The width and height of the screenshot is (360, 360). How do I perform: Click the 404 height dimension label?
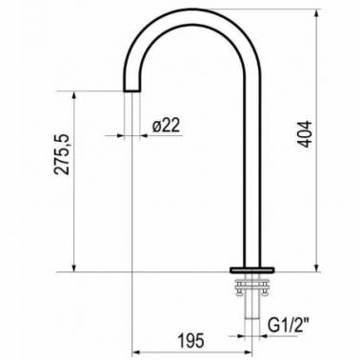[x=306, y=134]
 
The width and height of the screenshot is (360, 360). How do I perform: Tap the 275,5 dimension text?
[x=62, y=154]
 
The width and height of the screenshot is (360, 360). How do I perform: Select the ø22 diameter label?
[x=166, y=126]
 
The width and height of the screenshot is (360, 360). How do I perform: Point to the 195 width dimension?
[x=190, y=341]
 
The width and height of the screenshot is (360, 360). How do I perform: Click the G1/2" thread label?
[x=289, y=325]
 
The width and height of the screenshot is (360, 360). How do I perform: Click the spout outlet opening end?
[x=131, y=90]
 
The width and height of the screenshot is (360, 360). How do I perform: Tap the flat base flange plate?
[x=252, y=270]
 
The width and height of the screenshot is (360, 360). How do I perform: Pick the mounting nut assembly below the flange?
[x=252, y=288]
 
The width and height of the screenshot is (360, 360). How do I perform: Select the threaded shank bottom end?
[x=252, y=318]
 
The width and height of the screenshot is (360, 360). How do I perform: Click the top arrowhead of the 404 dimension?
[x=316, y=13]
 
